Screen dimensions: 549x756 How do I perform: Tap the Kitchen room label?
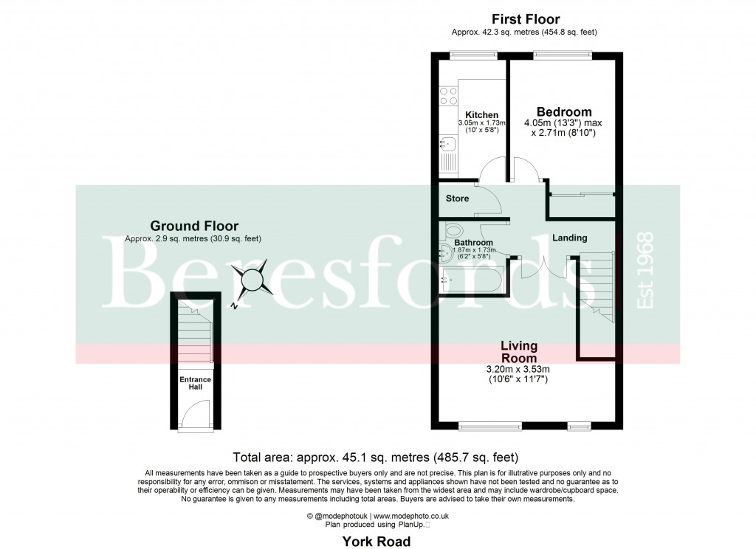[x=481, y=115]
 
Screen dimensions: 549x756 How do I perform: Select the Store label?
[x=457, y=198]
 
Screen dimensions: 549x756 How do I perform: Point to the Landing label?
[x=569, y=238]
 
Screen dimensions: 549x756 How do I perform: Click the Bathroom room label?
[x=473, y=242]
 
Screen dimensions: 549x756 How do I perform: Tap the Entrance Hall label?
[x=195, y=384]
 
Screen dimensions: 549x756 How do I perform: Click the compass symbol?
[x=252, y=280]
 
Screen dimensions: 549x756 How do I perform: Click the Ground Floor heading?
[x=193, y=226]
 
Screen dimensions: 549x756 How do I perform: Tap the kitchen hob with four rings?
[x=447, y=96]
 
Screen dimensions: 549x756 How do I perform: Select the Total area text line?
[x=377, y=457]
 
